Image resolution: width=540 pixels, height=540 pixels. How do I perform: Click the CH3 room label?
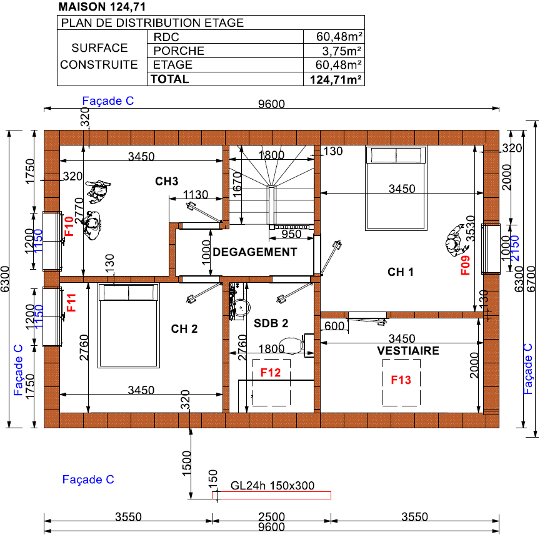[166, 181]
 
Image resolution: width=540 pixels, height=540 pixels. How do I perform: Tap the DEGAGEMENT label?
[255, 252]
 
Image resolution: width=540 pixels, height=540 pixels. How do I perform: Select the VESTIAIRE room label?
[408, 351]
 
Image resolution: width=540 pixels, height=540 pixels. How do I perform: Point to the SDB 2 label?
[271, 323]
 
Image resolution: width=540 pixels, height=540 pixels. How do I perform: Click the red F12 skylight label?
[271, 372]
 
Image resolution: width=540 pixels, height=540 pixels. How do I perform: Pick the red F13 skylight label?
[401, 380]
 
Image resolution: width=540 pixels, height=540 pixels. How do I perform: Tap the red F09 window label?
[465, 265]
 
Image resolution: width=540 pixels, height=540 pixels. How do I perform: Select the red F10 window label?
[69, 226]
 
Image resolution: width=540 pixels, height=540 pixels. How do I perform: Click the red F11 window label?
[71, 302]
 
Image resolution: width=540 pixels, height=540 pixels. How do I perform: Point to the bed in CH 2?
[129, 326]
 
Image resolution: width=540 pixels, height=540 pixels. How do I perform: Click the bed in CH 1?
[396, 189]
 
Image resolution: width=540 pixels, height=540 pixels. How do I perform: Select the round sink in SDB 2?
[241, 307]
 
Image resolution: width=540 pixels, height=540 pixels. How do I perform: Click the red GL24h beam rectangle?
[271, 495]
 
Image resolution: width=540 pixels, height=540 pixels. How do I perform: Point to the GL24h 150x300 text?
[272, 486]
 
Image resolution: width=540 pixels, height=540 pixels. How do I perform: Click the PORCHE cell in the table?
[179, 51]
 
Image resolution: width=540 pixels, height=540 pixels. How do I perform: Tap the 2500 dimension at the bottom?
[271, 516]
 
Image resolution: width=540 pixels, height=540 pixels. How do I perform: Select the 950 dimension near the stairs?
[292, 234]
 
